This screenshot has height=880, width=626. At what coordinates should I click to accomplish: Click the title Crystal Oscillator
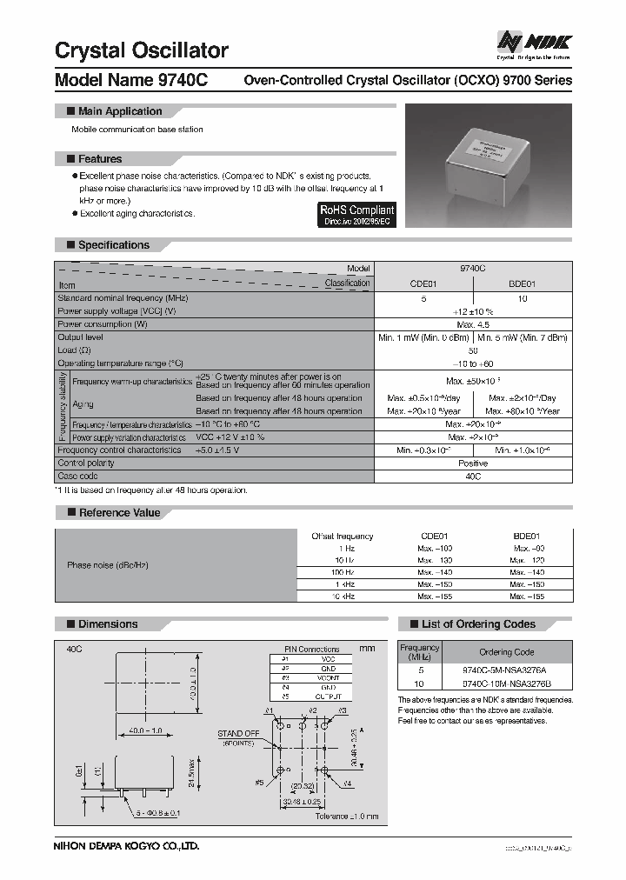coord(142,50)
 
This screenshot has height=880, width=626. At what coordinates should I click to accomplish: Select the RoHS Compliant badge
coord(356,215)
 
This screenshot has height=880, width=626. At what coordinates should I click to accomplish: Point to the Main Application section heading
coord(120,111)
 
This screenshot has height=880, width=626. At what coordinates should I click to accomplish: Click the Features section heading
coord(100,159)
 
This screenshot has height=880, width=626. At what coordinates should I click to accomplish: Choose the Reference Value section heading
coord(119,513)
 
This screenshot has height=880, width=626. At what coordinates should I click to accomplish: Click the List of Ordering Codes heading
coord(478,624)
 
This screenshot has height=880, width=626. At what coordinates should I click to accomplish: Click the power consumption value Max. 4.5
coord(472,324)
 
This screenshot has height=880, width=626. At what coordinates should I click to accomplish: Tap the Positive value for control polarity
coord(472,463)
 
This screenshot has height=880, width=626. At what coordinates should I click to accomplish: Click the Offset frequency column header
coord(342,537)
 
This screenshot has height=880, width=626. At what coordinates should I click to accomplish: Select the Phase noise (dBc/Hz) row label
coord(108,565)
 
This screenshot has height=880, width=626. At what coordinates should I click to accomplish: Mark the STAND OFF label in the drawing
coord(238,734)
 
